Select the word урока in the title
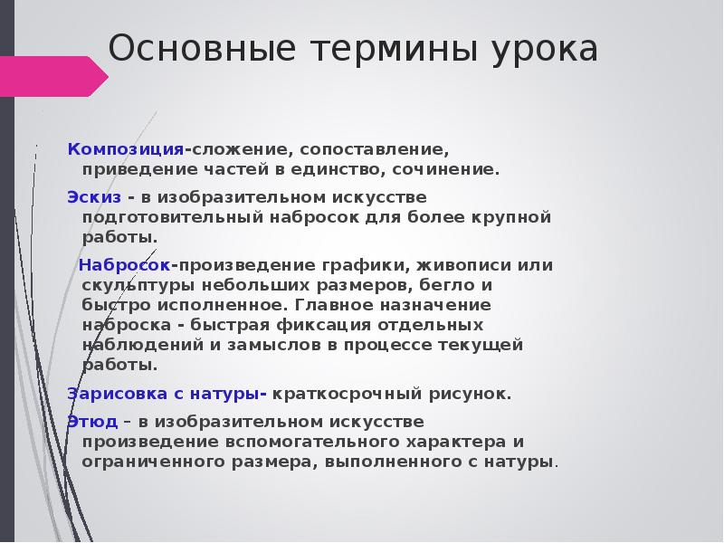(x=546, y=50)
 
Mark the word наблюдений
(x=135, y=345)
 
